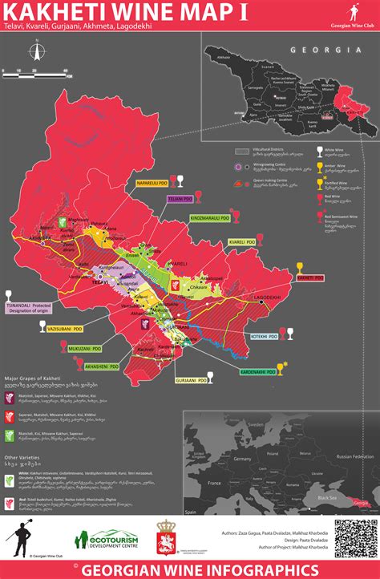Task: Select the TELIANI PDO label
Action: click(180, 198)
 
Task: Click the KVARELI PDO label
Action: click(241, 241)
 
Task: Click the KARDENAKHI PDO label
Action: click(257, 372)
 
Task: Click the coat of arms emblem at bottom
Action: click(168, 536)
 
